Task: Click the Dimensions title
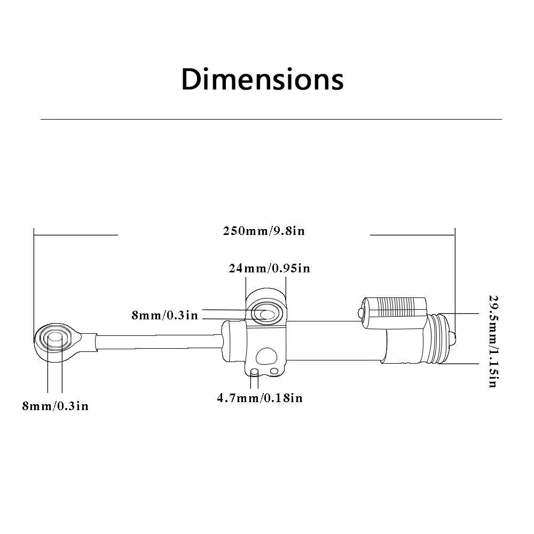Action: coord(262,80)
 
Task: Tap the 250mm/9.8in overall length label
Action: coord(264,231)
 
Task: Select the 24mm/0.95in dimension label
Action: coord(269,269)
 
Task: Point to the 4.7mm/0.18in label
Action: coord(260,398)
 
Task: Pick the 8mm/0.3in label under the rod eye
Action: coord(55,406)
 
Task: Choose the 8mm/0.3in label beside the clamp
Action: coord(165,316)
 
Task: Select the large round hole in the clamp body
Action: coord(266,356)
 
